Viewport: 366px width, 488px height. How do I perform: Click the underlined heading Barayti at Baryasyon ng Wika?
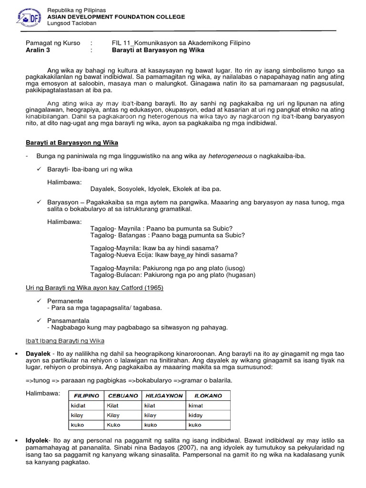tap(71, 142)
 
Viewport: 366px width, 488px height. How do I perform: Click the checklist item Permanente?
tap(65, 301)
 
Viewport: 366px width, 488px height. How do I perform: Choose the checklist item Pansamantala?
tap(68, 321)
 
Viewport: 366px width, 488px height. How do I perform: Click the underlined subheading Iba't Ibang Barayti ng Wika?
tap(64, 341)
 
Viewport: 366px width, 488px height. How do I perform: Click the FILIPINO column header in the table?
tap(86, 396)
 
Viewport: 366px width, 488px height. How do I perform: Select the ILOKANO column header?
tap(208, 396)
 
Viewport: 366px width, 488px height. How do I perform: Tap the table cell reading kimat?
tap(196, 406)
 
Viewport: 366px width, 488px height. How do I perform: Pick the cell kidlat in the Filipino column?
tap(78, 406)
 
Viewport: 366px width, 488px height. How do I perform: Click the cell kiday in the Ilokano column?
tap(195, 415)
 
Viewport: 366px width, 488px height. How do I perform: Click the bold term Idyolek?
tap(37, 440)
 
